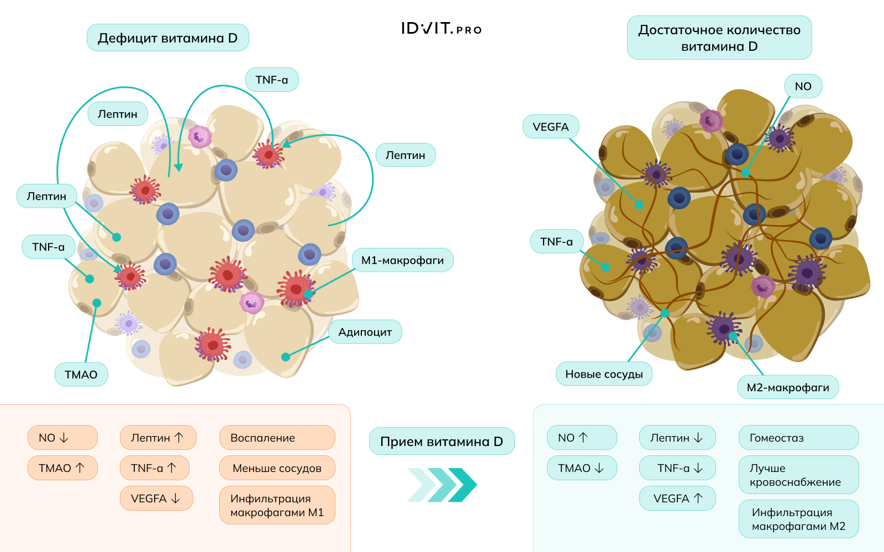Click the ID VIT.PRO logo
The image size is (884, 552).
(441, 29)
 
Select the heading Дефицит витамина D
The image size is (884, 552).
(167, 38)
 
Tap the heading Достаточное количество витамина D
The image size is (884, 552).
(719, 38)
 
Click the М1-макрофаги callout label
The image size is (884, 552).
(402, 260)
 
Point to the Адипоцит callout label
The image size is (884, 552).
(365, 332)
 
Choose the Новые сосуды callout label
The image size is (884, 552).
(604, 374)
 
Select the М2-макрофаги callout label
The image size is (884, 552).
(788, 387)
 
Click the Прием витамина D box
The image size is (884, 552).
(441, 441)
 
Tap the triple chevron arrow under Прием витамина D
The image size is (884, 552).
(441, 485)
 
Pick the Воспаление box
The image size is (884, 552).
(277, 438)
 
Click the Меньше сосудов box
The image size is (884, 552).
(277, 468)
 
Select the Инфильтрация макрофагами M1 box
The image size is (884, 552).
(277, 505)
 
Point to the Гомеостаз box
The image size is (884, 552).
(798, 438)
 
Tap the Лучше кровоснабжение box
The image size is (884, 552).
(798, 475)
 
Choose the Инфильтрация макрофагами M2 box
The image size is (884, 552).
(798, 519)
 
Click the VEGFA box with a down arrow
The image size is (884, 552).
(156, 498)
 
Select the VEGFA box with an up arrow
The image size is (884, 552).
(677, 498)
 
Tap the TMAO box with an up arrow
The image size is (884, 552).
(62, 468)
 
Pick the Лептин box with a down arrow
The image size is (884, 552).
(677, 438)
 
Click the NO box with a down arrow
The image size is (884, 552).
(62, 438)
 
